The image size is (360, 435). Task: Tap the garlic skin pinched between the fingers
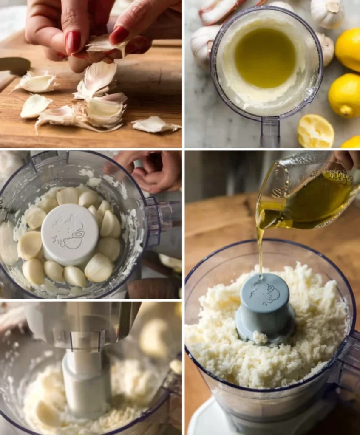[x=102, y=44]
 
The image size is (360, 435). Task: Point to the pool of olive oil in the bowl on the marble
[x=265, y=57]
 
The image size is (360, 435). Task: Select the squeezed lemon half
[x=315, y=131]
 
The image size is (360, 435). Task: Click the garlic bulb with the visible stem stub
[x=328, y=13]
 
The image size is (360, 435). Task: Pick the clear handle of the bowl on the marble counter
[x=270, y=132]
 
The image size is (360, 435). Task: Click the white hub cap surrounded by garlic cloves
[x=70, y=234]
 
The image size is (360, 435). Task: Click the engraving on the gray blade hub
[x=264, y=293]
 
